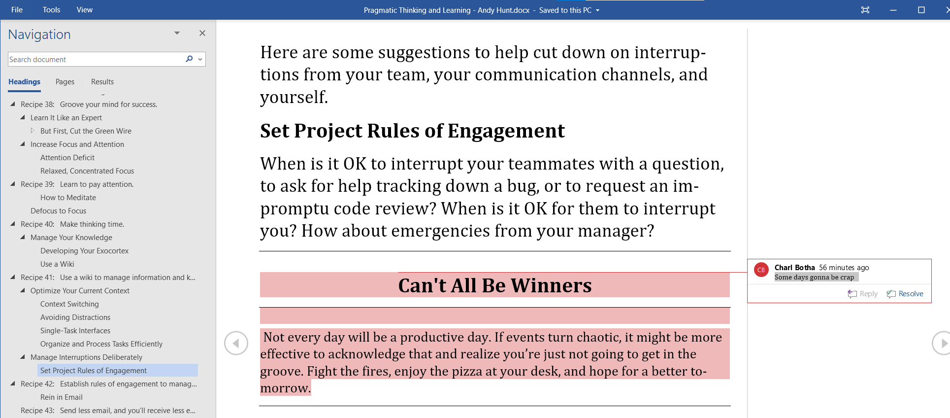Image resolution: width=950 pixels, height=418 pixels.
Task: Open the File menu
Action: (17, 10)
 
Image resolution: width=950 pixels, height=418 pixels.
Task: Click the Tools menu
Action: (51, 10)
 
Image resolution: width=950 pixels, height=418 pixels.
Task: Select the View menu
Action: (85, 10)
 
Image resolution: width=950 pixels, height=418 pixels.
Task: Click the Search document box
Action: (96, 59)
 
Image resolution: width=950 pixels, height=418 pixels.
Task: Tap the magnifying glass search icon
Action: (189, 59)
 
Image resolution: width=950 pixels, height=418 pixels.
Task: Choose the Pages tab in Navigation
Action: (65, 82)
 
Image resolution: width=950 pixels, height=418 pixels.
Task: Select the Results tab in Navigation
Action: (102, 82)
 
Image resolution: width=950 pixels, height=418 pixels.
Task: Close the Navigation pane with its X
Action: (202, 33)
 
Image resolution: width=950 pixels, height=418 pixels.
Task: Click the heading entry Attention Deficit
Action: (67, 158)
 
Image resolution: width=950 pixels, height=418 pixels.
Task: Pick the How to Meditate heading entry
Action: (68, 198)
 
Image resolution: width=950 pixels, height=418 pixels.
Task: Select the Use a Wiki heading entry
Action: (57, 264)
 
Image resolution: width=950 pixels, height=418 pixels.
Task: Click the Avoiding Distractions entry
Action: (75, 317)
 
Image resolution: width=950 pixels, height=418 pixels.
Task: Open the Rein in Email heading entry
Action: (62, 397)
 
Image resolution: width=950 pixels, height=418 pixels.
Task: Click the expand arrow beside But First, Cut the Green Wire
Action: (33, 131)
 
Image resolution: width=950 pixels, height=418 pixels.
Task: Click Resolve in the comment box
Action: (905, 294)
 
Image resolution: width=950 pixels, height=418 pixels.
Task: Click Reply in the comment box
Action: (863, 294)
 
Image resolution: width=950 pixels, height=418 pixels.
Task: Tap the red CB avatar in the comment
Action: (761, 270)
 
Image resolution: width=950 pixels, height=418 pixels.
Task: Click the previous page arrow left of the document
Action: (236, 343)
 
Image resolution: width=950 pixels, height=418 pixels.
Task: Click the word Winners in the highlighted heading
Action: (551, 285)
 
